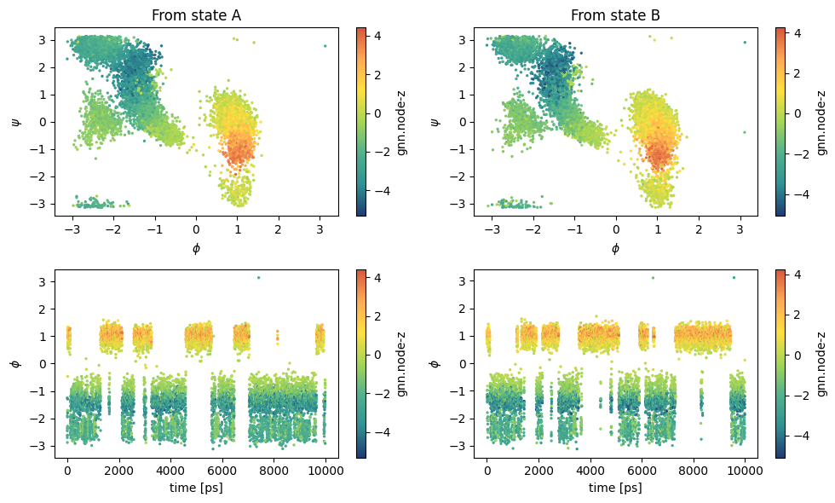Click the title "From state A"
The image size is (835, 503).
point(196,15)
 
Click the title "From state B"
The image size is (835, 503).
point(615,15)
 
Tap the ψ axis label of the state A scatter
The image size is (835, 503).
point(16,122)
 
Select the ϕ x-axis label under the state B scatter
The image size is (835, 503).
point(615,248)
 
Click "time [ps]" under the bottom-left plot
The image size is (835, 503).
point(196,488)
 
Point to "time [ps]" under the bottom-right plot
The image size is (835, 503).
point(615,488)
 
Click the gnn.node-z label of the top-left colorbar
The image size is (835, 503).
point(402,122)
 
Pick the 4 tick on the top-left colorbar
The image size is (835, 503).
point(377,36)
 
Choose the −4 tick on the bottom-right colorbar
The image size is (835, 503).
point(802,436)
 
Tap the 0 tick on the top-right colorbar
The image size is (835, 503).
point(798,113)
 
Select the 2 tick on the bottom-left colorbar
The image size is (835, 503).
point(377,316)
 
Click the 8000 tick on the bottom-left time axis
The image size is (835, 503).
point(274,471)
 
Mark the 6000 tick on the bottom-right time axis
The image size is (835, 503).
point(641,471)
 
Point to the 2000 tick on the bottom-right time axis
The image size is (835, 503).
point(538,471)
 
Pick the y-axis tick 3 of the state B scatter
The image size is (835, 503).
point(462,40)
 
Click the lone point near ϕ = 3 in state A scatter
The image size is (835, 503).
point(325,46)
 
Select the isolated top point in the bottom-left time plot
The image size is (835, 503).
point(258,277)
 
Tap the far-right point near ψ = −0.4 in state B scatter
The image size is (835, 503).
point(745,132)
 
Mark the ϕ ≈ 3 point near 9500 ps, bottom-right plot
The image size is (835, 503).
point(734,277)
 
